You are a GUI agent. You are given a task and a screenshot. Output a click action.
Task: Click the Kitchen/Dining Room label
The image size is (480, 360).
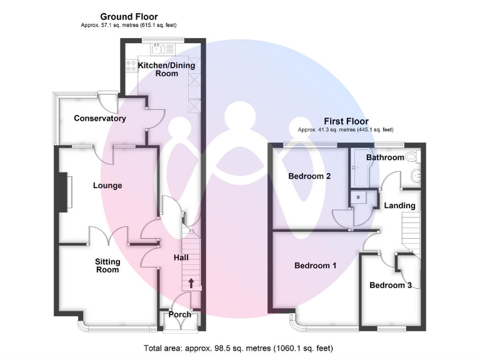pyautogui.click(x=167, y=69)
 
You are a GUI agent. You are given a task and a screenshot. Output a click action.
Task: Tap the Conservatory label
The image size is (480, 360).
pyautogui.click(x=100, y=119)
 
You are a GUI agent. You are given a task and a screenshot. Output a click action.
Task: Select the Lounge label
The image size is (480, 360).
pyautogui.click(x=107, y=186)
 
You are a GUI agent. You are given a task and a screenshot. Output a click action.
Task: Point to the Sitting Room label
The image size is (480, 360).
pyautogui.click(x=107, y=266)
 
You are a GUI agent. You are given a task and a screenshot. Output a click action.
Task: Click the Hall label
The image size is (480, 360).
pyautogui.click(x=181, y=257)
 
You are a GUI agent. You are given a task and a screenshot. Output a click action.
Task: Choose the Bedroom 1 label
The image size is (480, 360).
pyautogui.click(x=316, y=266)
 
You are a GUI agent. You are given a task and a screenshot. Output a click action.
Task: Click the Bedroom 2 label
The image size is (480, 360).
pyautogui.click(x=309, y=176)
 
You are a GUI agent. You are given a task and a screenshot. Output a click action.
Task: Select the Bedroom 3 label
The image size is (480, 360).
pyautogui.click(x=391, y=286)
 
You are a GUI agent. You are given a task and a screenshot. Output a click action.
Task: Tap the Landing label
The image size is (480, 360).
pyautogui.click(x=399, y=206)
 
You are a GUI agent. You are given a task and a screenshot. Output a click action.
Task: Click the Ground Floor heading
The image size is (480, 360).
pyautogui.click(x=129, y=17)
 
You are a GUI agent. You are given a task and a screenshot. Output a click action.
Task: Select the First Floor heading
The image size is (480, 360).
pyautogui.click(x=346, y=121)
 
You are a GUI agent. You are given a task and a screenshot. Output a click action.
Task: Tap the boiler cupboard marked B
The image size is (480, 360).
pyautogui.click(x=358, y=197)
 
